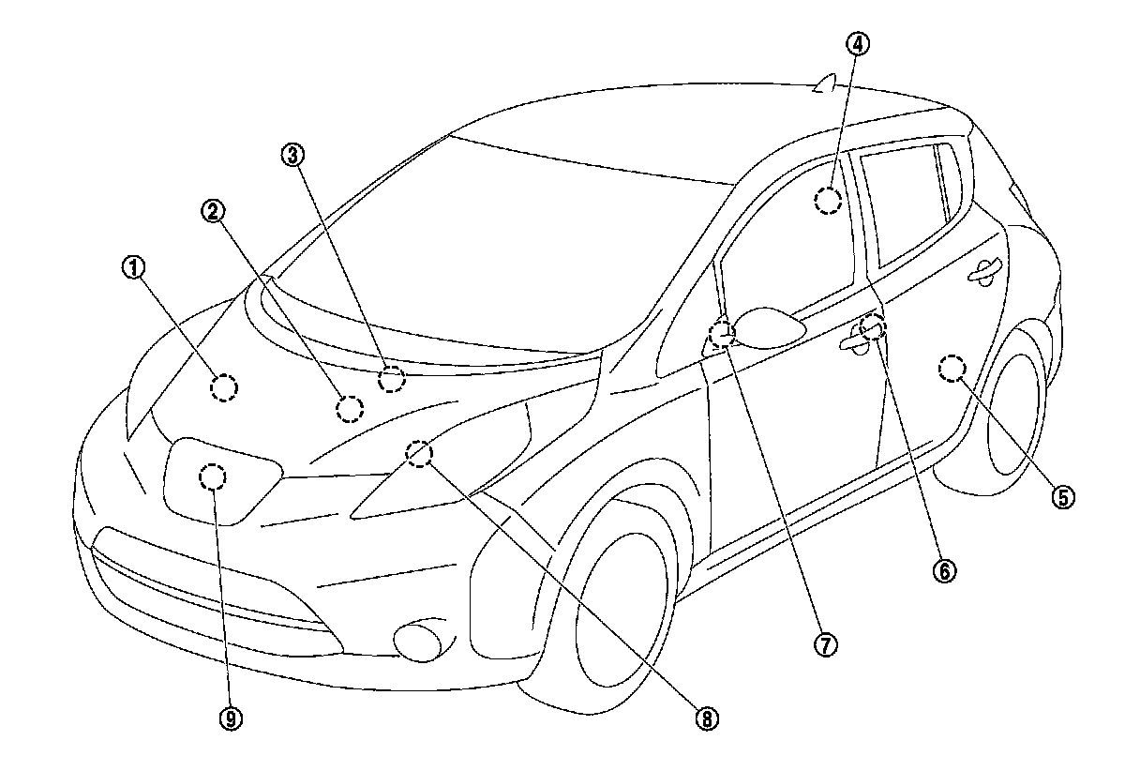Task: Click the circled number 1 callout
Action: (134, 268)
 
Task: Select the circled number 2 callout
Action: (213, 212)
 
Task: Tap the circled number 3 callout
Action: (293, 154)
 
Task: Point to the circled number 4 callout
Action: (857, 43)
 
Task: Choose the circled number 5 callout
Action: (1062, 496)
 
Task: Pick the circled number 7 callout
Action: (825, 644)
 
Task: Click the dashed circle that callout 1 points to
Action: (224, 386)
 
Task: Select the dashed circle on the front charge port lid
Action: (214, 477)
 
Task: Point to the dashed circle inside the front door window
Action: (828, 201)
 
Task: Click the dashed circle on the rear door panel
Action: (952, 369)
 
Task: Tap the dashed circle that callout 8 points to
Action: (419, 454)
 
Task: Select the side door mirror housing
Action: (771, 325)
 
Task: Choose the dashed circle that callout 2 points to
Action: (350, 408)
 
